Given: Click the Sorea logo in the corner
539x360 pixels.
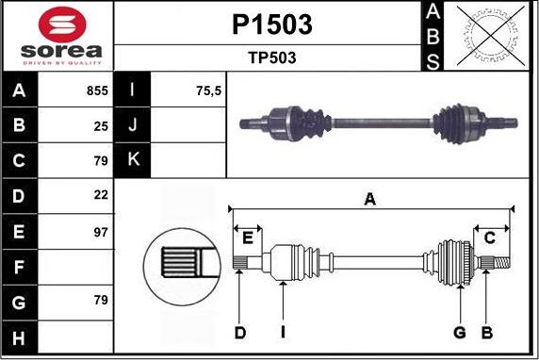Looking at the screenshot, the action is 58,36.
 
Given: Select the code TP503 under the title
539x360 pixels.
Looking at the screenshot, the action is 271,57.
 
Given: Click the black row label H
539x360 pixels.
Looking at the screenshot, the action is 21,336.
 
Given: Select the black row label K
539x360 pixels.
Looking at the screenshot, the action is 133,160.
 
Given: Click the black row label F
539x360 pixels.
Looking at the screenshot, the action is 21,267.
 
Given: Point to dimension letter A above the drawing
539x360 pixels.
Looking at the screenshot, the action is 370,198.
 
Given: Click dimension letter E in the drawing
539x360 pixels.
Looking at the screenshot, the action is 249,236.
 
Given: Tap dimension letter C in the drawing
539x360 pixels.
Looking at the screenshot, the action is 489,237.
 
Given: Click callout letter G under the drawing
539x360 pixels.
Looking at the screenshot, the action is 460,332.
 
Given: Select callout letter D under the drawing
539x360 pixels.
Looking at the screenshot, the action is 240,332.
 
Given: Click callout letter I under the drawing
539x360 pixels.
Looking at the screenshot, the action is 283,332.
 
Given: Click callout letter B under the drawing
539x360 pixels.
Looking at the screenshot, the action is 487,332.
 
